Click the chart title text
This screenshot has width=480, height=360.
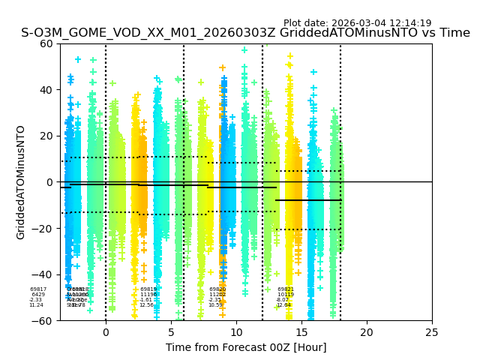click(245, 33)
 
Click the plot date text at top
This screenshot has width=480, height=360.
click(357, 23)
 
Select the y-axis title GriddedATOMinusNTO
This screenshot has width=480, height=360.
click(21, 182)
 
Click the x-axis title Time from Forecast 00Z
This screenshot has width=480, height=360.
click(246, 347)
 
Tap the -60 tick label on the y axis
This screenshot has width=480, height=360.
click(45, 321)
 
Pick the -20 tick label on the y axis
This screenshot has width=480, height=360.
click(45, 229)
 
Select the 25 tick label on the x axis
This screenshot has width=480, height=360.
click(432, 332)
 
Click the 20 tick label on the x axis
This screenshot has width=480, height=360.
click(367, 332)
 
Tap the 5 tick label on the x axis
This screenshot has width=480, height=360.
click(171, 332)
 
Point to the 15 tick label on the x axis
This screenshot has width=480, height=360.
click(301, 332)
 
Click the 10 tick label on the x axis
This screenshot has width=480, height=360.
click(236, 332)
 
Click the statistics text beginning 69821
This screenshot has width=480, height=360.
click(285, 297)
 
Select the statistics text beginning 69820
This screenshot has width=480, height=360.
click(217, 297)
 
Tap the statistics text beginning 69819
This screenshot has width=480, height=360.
click(148, 297)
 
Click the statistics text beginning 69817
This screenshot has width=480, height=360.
click(37, 297)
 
